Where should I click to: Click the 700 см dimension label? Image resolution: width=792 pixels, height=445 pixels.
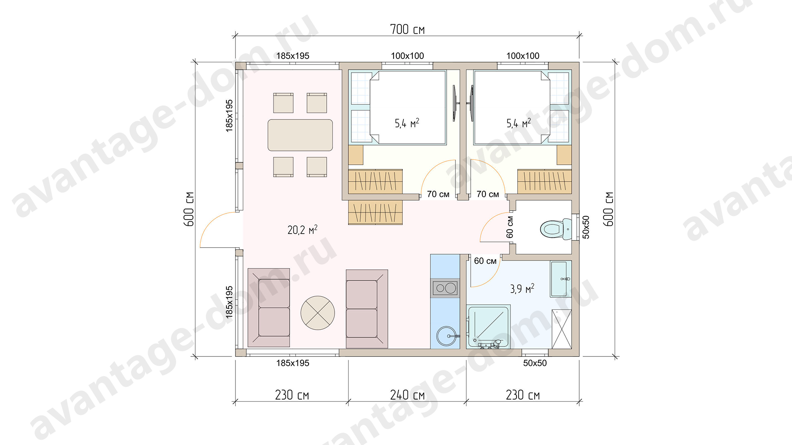pyautogui.click(x=407, y=29)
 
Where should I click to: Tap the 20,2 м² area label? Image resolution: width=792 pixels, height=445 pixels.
pyautogui.click(x=302, y=230)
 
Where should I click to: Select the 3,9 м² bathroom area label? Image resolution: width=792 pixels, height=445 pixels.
pyautogui.click(x=522, y=288)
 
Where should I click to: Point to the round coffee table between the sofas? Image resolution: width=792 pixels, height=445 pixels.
pyautogui.click(x=318, y=313)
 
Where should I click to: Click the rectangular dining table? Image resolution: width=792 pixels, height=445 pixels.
pyautogui.click(x=300, y=135)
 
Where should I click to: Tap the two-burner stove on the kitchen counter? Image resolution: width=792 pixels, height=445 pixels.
pyautogui.click(x=445, y=288)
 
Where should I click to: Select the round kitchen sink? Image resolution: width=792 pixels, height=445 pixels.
pyautogui.click(x=446, y=336)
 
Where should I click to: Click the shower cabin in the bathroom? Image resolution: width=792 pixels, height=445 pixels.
pyautogui.click(x=488, y=326)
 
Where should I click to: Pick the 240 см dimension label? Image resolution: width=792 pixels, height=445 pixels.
pyautogui.click(x=407, y=395)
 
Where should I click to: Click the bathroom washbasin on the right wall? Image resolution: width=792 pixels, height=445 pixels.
pyautogui.click(x=561, y=279)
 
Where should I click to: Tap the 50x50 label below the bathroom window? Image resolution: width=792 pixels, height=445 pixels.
pyautogui.click(x=535, y=363)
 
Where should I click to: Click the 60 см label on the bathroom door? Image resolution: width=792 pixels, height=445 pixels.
pyautogui.click(x=485, y=261)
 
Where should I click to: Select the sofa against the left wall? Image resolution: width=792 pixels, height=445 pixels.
pyautogui.click(x=269, y=308)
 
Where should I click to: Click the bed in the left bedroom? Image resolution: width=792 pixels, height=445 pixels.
pyautogui.click(x=408, y=108)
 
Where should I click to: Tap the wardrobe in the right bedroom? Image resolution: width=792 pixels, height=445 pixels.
pyautogui.click(x=544, y=181)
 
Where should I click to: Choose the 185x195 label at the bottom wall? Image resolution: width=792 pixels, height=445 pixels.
pyautogui.click(x=292, y=363)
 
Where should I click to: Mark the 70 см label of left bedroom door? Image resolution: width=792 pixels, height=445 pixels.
pyautogui.click(x=438, y=194)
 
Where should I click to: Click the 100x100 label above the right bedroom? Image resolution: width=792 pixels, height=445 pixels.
pyautogui.click(x=523, y=56)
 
